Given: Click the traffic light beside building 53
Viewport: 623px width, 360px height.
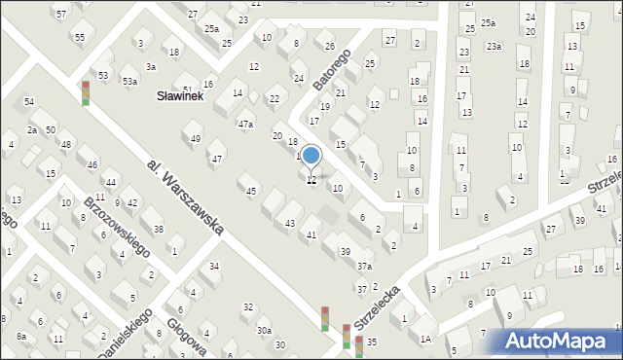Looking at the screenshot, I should pyautogui.click(x=86, y=92).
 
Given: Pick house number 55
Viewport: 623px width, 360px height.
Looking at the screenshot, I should pyautogui.click(x=79, y=37).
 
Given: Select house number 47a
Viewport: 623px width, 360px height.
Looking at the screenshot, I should pyautogui.click(x=245, y=124).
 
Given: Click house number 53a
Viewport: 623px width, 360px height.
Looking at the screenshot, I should pyautogui.click(x=129, y=82).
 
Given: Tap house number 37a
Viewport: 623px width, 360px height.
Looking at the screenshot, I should pyautogui.click(x=364, y=266).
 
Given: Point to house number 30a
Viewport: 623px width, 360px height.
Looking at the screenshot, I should pyautogui.click(x=264, y=330).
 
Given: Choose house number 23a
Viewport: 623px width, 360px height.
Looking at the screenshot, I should pyautogui.click(x=494, y=46).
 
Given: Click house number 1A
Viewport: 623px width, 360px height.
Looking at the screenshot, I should pyautogui.click(x=425, y=339).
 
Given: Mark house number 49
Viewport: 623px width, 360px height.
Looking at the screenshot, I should pyautogui.click(x=195, y=138).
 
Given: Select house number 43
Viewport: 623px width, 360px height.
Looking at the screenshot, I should pyautogui.click(x=289, y=224).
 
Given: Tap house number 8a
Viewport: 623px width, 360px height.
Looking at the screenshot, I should pyautogui.click(x=20, y=335).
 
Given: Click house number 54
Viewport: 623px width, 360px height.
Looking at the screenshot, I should pyautogui.click(x=29, y=101).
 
